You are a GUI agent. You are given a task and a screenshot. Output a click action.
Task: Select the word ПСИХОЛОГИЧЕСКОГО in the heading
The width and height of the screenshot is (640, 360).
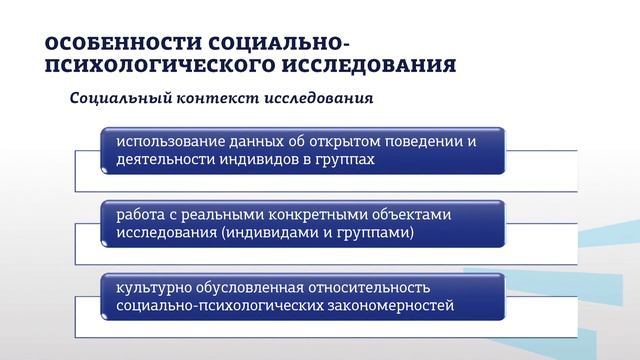click(x=149, y=66)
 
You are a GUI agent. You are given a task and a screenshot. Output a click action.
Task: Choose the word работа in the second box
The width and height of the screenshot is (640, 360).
click(x=140, y=214)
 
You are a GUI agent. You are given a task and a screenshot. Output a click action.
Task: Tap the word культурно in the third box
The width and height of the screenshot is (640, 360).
click(x=152, y=287)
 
